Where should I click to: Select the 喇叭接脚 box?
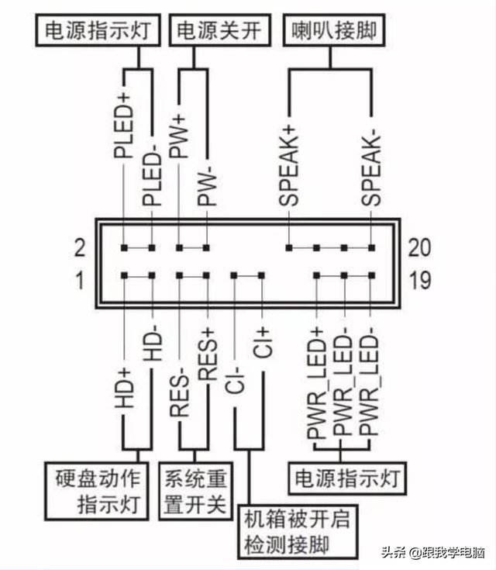tap(333, 30)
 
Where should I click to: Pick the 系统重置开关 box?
tap(195, 490)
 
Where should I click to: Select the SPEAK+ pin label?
tap(289, 165)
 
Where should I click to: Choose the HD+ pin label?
tap(123, 388)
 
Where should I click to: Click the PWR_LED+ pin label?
tap(316, 388)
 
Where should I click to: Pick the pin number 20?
tap(419, 248)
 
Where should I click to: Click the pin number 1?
tap(78, 279)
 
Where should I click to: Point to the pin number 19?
tap(419, 279)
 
